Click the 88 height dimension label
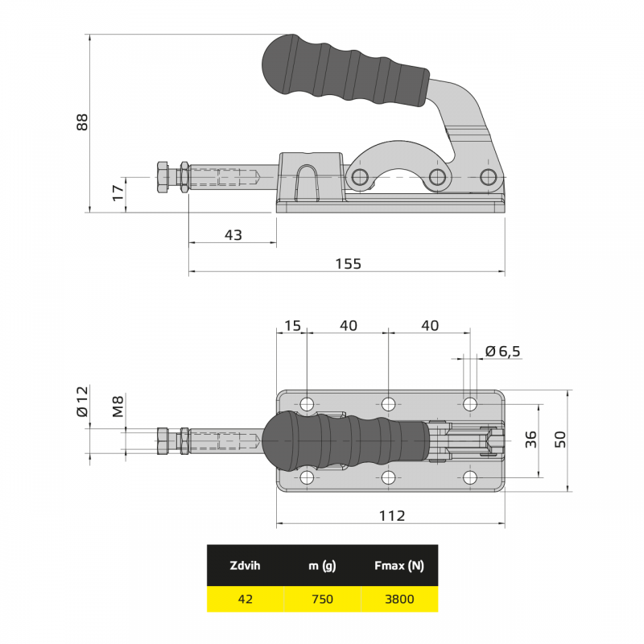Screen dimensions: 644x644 coord(82,122)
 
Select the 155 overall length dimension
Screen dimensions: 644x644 coord(349,264)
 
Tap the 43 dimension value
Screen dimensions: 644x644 coord(233,235)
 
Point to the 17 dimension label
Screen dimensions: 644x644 coord(118,193)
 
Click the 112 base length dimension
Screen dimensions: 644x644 coord(392,515)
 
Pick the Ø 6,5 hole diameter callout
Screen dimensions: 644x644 coord(502,351)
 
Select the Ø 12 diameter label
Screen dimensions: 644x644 coord(82,401)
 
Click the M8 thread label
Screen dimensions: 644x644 coord(118,407)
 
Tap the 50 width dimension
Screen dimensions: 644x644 coord(559,440)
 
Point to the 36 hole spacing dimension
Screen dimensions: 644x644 coord(530,440)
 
